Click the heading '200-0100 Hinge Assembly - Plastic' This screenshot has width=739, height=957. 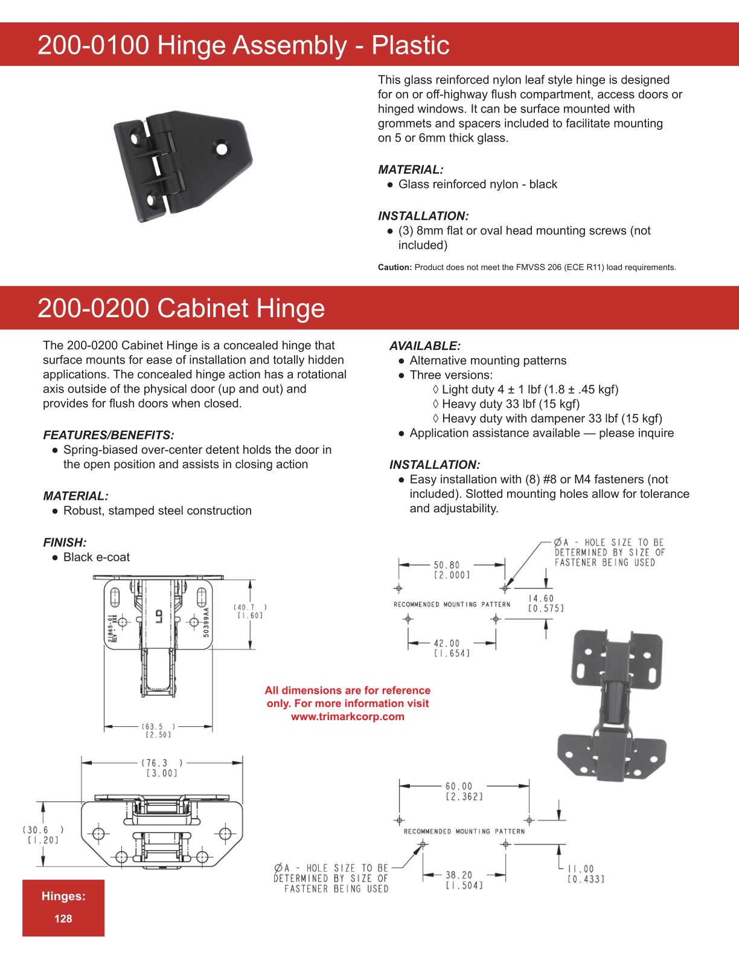(243, 45)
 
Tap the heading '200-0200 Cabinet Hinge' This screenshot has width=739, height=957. (181, 308)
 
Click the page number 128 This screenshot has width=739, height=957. (63, 919)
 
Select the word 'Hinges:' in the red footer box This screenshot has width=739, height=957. (63, 897)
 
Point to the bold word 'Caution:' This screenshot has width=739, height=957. (395, 268)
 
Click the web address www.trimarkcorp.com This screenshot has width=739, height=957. (348, 717)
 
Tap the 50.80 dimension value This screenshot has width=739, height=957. (447, 565)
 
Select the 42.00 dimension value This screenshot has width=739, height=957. (447, 643)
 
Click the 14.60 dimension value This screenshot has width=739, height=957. (541, 599)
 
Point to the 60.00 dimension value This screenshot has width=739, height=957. (459, 787)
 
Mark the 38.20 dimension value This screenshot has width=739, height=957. (459, 875)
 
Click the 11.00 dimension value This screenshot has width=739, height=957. (581, 869)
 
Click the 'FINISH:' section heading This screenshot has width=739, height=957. (65, 543)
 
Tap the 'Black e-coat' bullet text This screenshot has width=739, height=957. (97, 558)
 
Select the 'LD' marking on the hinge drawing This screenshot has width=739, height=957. (159, 616)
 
